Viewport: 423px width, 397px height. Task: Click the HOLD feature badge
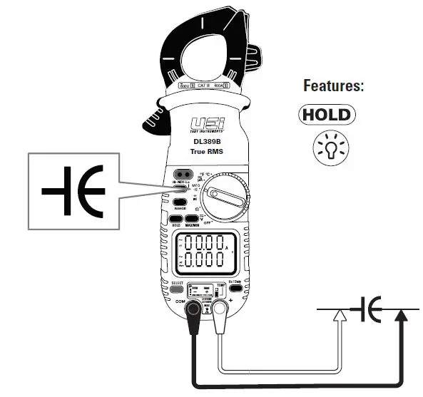pos(327,115)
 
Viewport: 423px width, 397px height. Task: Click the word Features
pos(334,86)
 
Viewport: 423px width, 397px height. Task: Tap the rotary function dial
pos(225,195)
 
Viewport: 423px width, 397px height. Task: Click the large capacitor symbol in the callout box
pos(72,192)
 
